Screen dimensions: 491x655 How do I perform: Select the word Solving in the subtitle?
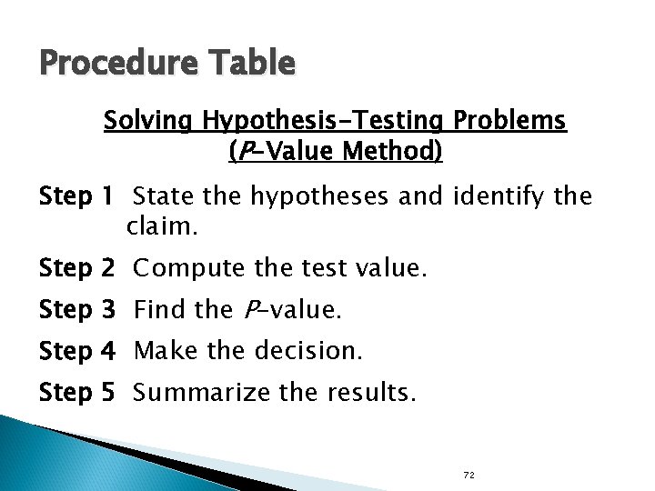tap(149, 121)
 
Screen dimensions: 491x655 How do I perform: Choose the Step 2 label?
tap(77, 269)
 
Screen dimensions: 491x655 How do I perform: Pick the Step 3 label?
tap(77, 310)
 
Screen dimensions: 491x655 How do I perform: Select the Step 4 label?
tap(77, 351)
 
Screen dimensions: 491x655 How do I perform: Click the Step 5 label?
tap(77, 393)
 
